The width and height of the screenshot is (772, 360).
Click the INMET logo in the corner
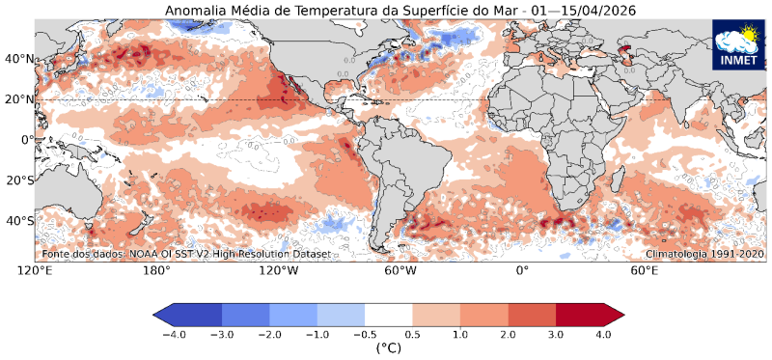pos(738,45)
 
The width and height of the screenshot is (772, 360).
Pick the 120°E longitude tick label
pos(35,271)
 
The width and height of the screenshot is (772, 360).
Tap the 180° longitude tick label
pos(156,271)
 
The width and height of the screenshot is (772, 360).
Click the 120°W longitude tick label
pos(278,271)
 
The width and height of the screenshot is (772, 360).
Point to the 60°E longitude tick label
pos(645,271)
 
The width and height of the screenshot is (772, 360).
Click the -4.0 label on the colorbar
pos(174,334)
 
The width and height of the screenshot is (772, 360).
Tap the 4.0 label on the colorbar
pos(603,334)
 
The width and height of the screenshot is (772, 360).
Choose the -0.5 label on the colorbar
pos(365,334)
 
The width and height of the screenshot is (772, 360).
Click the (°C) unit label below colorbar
pos(389,348)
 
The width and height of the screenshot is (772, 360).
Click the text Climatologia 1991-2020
pos(704,254)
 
